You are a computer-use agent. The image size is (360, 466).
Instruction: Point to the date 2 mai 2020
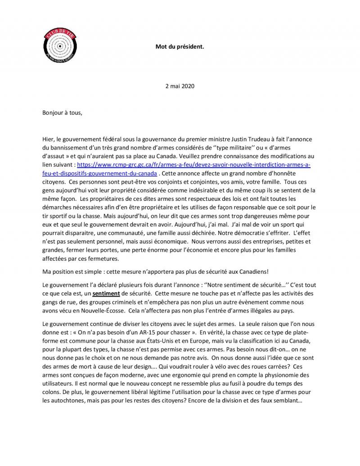click(x=180, y=86)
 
